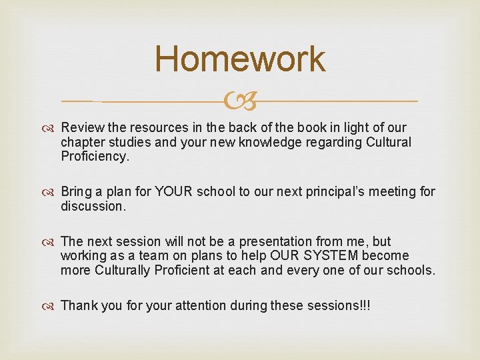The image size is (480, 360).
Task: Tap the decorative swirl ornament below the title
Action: point(240,101)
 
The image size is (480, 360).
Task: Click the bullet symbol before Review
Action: point(51,128)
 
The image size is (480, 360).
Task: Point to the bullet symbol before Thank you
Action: point(51,306)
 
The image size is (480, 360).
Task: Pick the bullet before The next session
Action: point(51,242)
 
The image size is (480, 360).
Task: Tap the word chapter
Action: point(81,142)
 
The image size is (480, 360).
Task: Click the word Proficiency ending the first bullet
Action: point(93,157)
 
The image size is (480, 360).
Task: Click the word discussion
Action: point(93,207)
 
